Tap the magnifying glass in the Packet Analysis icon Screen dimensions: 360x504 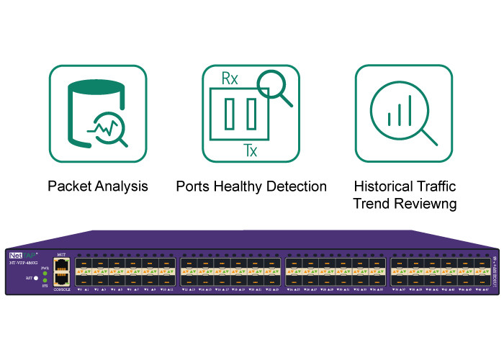click(x=111, y=130)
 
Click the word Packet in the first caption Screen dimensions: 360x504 click(x=69, y=186)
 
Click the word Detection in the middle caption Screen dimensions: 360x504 click(x=296, y=186)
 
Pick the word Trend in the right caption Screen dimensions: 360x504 click(x=370, y=204)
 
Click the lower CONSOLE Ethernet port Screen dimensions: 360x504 click(x=60, y=279)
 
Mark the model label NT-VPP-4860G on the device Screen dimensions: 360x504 click(x=24, y=263)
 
